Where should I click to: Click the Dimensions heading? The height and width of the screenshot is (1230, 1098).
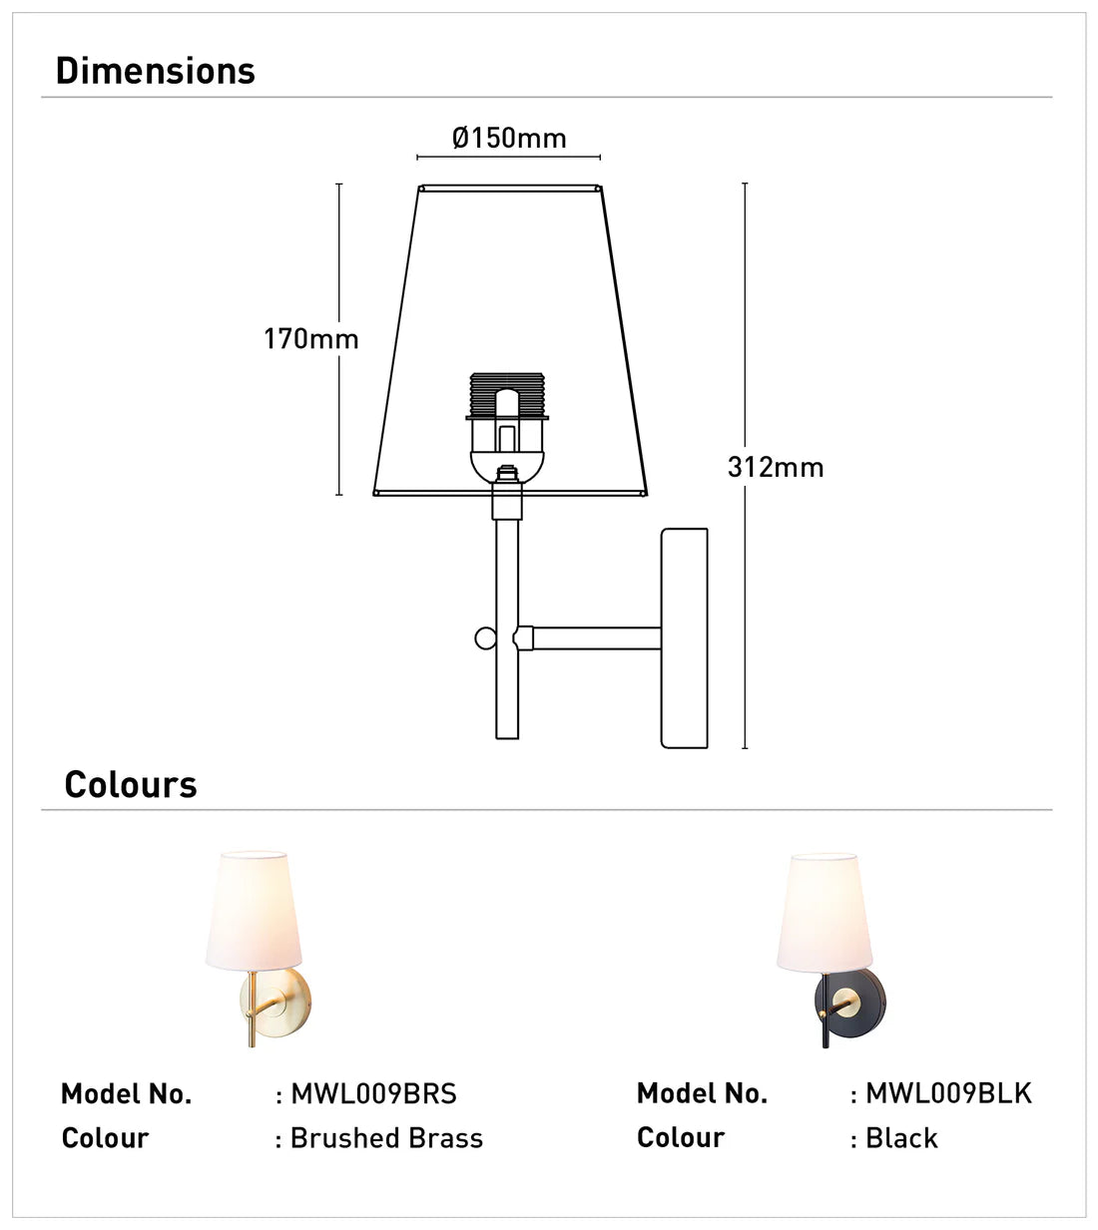click(x=156, y=71)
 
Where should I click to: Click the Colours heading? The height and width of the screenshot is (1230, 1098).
click(x=131, y=784)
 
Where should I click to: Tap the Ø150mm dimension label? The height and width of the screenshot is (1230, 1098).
click(x=509, y=138)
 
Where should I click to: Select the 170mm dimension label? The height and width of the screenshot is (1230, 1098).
click(x=310, y=339)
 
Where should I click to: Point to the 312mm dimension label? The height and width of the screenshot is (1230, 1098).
click(x=776, y=467)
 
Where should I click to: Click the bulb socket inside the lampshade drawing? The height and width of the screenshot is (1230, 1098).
click(x=508, y=419)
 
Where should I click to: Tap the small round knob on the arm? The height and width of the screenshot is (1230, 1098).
click(x=485, y=637)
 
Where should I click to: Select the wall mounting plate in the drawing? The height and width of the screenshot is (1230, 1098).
click(x=685, y=638)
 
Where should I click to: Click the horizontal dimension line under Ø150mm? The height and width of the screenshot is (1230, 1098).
click(x=508, y=158)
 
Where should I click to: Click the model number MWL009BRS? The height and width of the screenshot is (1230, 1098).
click(x=373, y=1094)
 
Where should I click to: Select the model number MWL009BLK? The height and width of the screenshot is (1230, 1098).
click(x=948, y=1093)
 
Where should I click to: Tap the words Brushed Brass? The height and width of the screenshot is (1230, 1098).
click(x=386, y=1138)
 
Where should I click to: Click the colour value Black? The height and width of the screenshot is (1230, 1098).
click(x=901, y=1138)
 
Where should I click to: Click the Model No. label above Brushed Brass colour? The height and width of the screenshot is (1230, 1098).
click(x=126, y=1094)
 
